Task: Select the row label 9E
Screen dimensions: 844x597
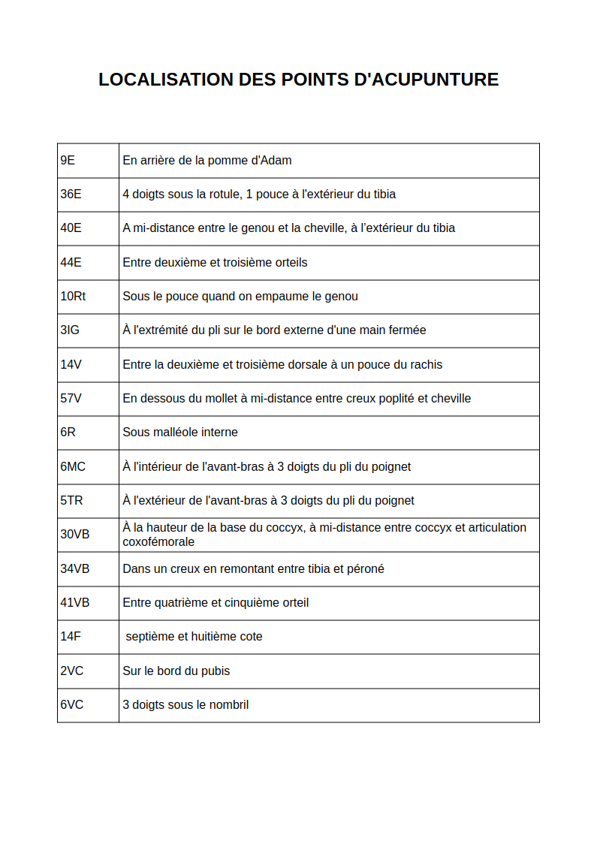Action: click(x=68, y=160)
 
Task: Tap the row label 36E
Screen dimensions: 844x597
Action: click(x=71, y=194)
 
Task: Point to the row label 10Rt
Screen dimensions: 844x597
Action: click(x=73, y=296)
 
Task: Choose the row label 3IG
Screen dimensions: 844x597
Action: click(x=70, y=330)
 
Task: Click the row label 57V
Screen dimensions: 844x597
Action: click(x=71, y=398)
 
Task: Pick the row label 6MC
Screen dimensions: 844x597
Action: click(x=73, y=466)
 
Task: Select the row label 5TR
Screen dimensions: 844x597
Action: click(x=71, y=500)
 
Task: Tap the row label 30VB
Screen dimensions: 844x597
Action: click(x=74, y=534)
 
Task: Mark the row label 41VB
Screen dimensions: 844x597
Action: click(x=74, y=602)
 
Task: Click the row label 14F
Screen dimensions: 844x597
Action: click(x=70, y=636)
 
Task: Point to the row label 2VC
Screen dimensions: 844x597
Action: click(x=71, y=671)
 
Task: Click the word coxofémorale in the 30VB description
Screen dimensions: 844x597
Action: click(x=158, y=541)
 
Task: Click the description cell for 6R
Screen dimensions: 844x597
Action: click(x=329, y=433)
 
